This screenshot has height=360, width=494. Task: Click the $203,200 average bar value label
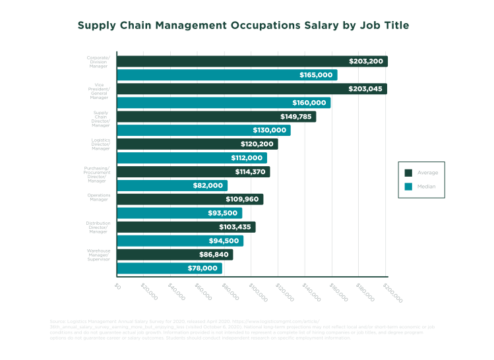tap(366, 61)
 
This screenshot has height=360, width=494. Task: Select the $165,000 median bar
tap(227, 75)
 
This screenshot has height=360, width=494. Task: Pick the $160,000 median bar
tap(224, 103)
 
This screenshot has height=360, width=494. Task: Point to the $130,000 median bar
tap(204, 131)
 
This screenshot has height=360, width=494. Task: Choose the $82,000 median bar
tap(172, 186)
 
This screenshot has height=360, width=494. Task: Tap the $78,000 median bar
tap(169, 268)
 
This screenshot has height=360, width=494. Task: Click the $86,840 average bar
tap(175, 255)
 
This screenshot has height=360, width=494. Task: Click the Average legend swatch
tap(408, 173)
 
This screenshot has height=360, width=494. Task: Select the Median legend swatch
tap(408, 187)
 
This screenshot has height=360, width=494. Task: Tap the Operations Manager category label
tap(99, 198)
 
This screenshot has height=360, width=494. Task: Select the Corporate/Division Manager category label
tap(98, 61)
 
